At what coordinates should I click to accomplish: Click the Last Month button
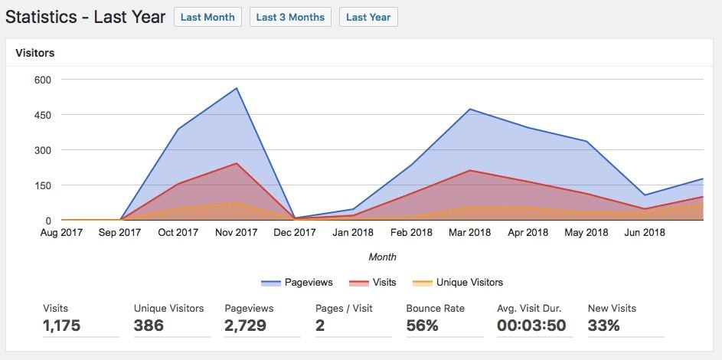click(207, 17)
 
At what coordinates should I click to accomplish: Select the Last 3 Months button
click(290, 17)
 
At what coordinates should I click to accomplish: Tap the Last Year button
click(368, 17)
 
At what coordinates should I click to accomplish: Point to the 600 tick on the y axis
click(41, 80)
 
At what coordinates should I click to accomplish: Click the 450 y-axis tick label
click(41, 115)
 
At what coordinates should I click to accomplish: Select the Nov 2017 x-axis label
click(237, 233)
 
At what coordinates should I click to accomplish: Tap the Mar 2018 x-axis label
click(469, 233)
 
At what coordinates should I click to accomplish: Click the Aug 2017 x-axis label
click(61, 233)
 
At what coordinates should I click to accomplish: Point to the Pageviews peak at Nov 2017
click(237, 88)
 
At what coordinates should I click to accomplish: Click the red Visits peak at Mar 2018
click(470, 170)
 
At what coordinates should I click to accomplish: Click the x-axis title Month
click(382, 257)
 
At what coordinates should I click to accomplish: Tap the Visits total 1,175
click(62, 326)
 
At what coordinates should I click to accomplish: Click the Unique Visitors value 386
click(149, 326)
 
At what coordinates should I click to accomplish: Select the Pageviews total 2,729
click(245, 326)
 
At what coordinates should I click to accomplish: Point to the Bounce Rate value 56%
click(423, 326)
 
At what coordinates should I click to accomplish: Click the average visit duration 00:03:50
click(531, 326)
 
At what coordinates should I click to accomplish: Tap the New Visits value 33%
click(603, 326)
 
